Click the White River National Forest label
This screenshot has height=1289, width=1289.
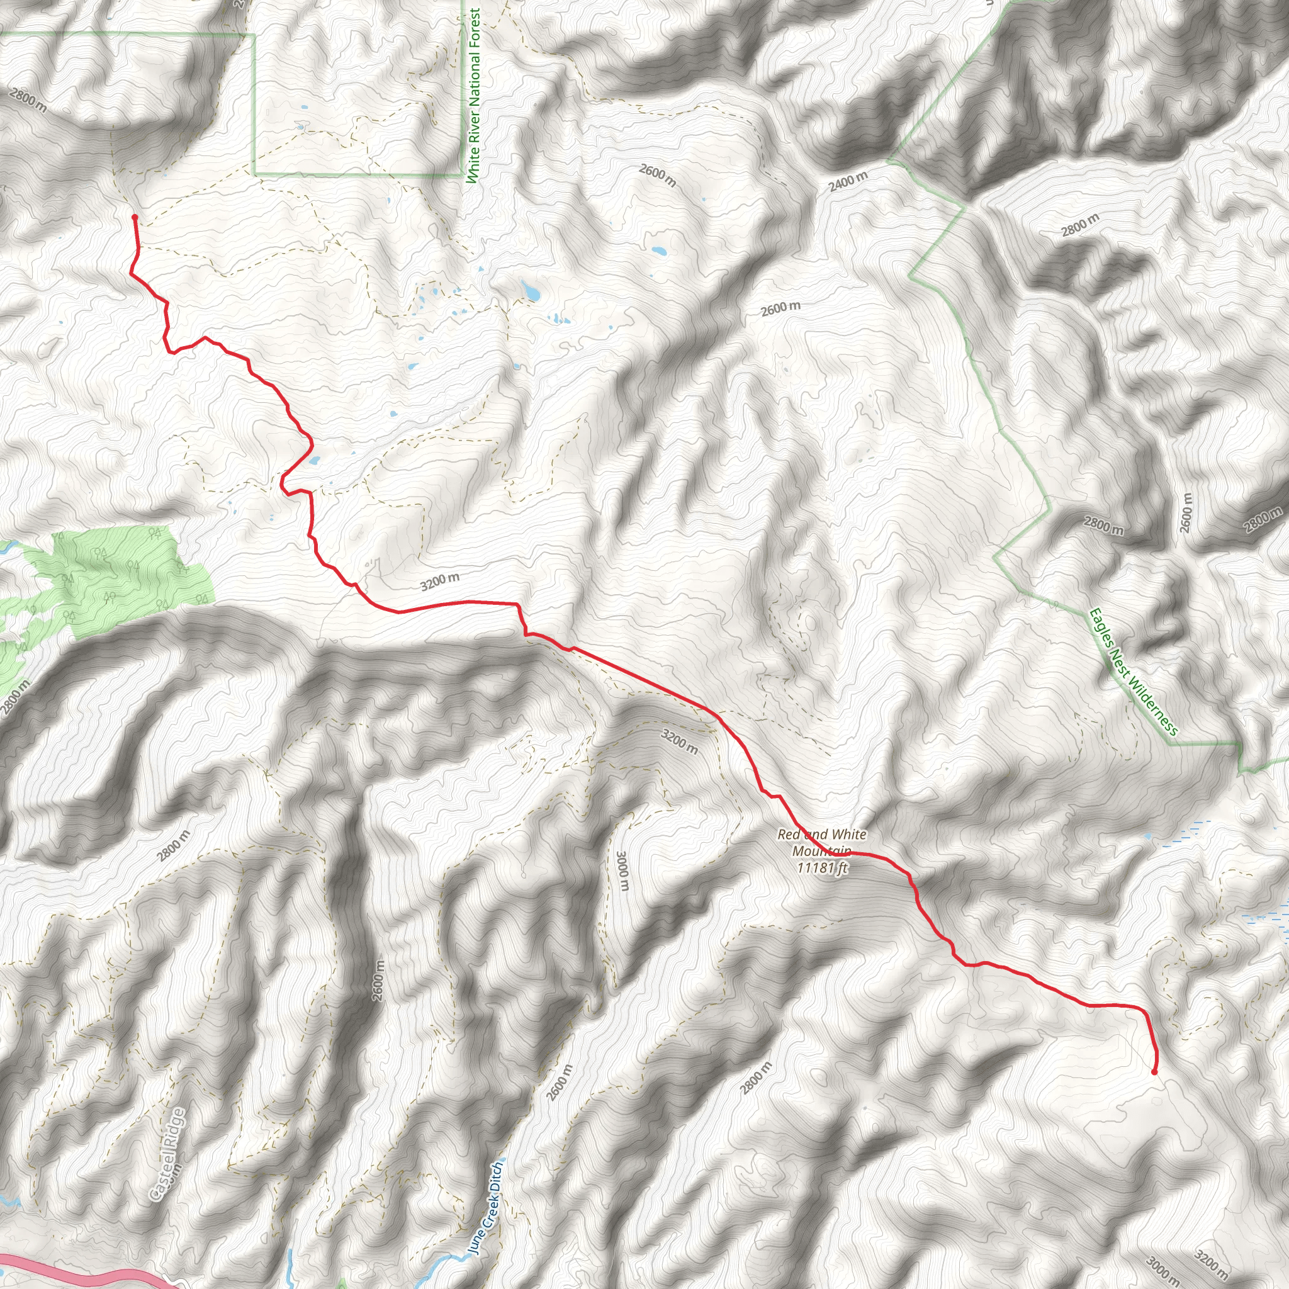[475, 96]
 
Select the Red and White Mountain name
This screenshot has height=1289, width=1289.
[821, 843]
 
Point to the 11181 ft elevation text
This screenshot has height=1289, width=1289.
[822, 868]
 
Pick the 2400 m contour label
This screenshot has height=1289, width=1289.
[848, 181]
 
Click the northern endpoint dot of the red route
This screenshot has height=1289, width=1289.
[135, 217]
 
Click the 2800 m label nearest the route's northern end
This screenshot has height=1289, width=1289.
[28, 101]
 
